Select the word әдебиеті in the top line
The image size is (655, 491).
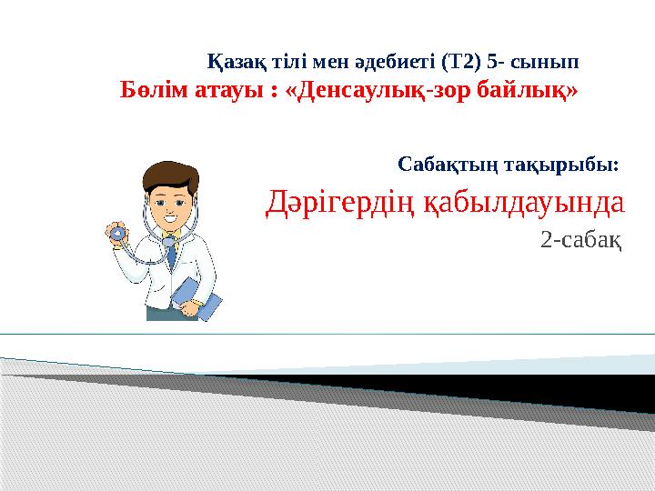point(392,63)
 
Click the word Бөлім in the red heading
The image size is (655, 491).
point(153,92)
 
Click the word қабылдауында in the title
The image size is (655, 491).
point(524,204)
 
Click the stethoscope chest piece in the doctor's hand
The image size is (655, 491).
point(116,233)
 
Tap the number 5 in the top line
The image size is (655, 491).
point(492,63)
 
